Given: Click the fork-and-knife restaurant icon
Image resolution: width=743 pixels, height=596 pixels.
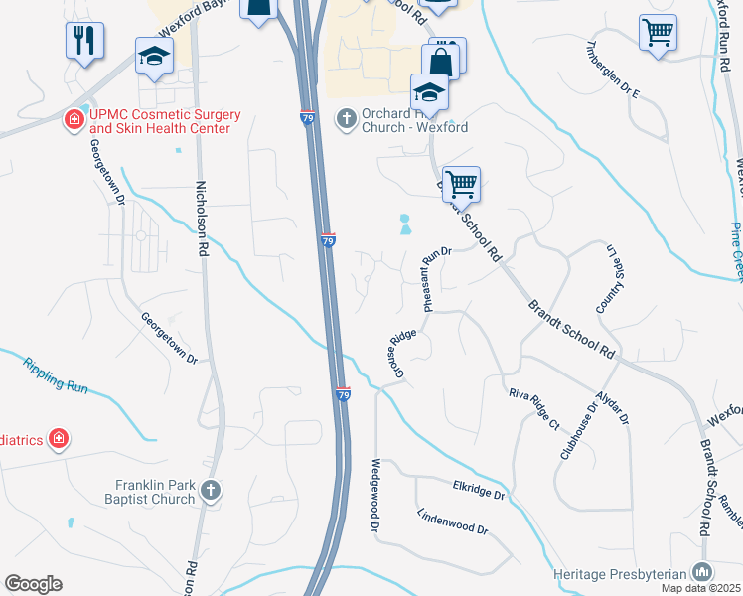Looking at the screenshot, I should [x=83, y=40].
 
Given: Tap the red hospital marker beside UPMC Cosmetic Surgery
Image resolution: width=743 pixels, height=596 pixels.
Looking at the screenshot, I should [x=74, y=121].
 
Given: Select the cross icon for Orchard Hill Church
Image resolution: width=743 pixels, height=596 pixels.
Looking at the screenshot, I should [x=347, y=119].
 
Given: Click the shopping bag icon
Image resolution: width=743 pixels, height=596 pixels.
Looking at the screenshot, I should [x=442, y=59].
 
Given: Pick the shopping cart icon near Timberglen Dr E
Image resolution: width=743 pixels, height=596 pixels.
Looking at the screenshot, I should [x=658, y=32].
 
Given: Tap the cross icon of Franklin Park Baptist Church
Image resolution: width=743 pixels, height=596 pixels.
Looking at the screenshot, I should [x=210, y=490].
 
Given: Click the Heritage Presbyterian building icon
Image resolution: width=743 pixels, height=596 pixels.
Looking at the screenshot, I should [x=702, y=571].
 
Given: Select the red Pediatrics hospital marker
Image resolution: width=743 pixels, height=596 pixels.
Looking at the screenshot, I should [x=59, y=438].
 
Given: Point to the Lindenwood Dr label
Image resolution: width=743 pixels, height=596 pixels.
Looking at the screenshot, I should [x=453, y=522].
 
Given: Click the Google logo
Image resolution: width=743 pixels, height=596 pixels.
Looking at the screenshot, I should [x=34, y=583].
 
